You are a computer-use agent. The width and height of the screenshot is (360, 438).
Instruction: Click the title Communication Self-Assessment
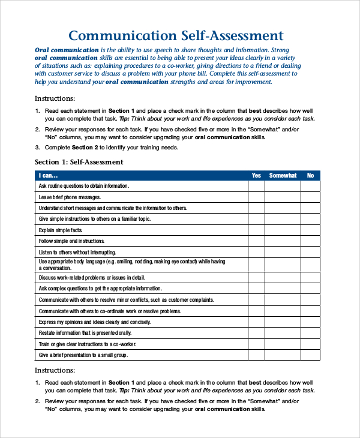point(176,35)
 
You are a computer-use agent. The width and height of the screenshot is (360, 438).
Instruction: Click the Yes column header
point(256,176)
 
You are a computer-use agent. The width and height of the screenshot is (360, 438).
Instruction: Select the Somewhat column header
point(283,176)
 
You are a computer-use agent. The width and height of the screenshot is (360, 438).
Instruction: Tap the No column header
point(310,176)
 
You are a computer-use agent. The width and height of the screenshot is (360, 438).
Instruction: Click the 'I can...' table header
point(49,176)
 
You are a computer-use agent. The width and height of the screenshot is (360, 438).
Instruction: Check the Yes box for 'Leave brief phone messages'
point(256,197)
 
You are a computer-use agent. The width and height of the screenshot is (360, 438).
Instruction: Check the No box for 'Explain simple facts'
point(310,230)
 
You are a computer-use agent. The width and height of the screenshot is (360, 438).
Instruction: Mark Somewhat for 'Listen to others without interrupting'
point(283,252)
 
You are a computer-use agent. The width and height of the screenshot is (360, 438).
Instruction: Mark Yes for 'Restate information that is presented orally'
point(256,333)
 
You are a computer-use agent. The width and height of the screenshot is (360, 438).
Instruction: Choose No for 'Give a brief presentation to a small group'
point(310,355)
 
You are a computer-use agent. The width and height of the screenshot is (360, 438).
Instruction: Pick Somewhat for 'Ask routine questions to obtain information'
point(283,186)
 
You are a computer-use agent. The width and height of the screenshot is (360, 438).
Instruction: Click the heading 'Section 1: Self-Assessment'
point(79,162)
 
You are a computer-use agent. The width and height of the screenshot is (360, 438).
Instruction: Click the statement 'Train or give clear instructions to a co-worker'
point(87,344)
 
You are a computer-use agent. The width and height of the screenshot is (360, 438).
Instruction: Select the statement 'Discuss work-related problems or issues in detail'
point(92,278)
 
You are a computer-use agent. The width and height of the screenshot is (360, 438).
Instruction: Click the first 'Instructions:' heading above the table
point(55,98)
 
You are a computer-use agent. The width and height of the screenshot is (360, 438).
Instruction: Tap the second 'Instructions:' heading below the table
point(55,370)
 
